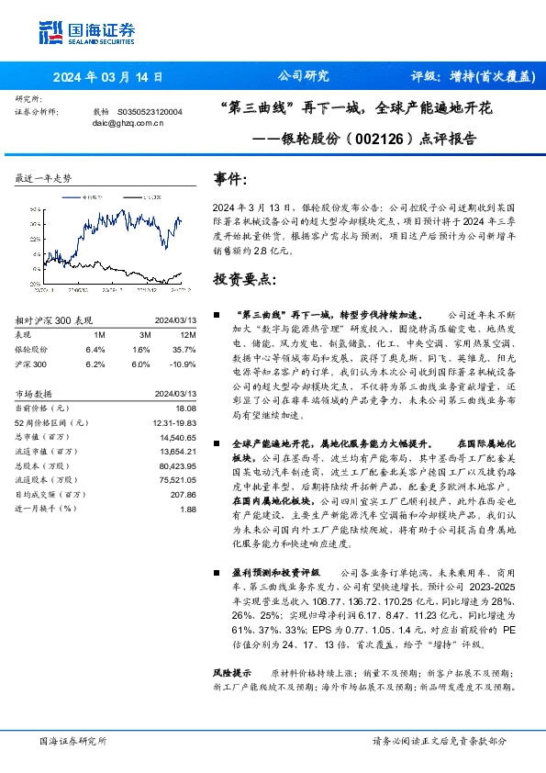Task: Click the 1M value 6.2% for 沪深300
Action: click(95, 364)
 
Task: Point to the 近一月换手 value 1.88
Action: click(188, 510)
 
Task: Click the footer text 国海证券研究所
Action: click(73, 740)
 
